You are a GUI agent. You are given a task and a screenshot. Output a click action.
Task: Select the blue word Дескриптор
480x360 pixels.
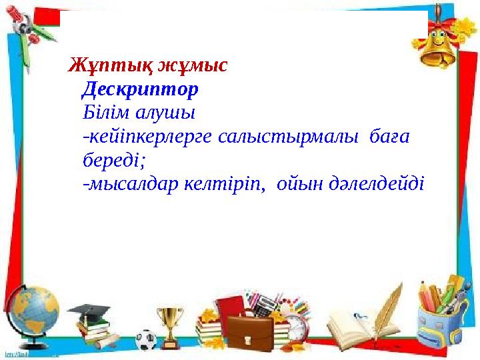pyautogui.click(x=141, y=89)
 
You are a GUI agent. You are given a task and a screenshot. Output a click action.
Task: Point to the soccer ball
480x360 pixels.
pyautogui.click(x=146, y=340)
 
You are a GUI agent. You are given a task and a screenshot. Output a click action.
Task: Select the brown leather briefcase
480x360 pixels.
pyautogui.click(x=250, y=333)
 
